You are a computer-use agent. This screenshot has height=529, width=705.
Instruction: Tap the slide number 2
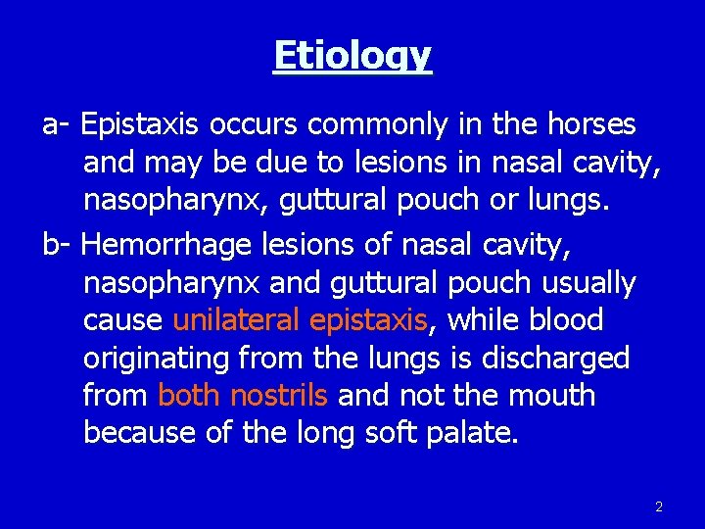(x=658, y=506)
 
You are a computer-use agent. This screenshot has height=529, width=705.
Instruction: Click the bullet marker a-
(x=56, y=126)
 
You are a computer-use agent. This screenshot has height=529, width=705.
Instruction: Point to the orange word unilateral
(x=236, y=320)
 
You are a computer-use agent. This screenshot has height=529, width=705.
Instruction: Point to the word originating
(x=156, y=359)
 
